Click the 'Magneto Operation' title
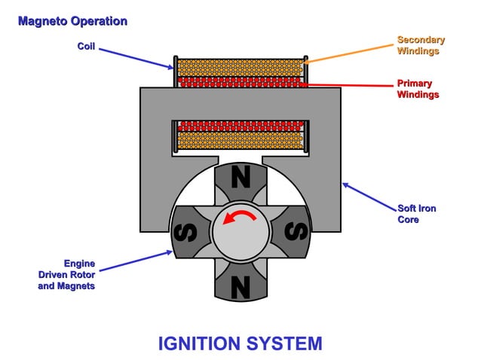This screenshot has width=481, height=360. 72,21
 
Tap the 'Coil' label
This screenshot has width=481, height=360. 86,47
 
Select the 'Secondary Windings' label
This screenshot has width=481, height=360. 421,45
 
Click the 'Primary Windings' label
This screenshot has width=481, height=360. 418,89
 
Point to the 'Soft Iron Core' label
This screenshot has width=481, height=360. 417,213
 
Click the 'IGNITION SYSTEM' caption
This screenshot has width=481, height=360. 240,343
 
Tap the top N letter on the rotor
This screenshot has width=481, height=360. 240,178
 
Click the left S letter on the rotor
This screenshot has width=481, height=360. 185,231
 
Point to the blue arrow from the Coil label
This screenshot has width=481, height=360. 136,57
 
